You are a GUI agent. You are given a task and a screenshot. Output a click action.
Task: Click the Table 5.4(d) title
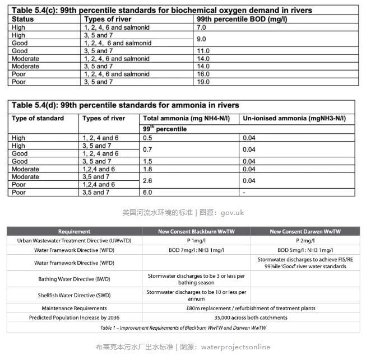(126, 105)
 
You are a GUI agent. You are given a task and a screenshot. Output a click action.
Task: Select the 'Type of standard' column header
(38, 119)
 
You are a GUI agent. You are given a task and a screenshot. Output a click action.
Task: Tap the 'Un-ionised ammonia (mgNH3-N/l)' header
(294, 119)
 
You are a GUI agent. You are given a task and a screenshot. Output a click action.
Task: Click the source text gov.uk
(232, 213)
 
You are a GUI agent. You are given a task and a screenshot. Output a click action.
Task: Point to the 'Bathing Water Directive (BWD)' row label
(74, 279)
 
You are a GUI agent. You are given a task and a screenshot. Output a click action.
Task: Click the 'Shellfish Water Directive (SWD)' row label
(74, 295)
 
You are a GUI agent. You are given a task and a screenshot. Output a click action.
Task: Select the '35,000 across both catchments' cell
(251, 317)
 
